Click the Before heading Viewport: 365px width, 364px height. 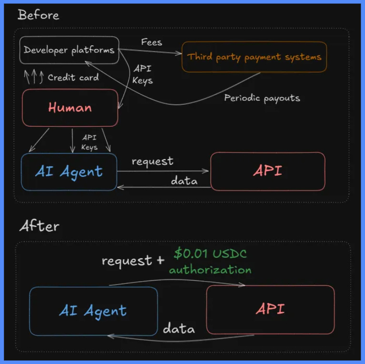pos(38,15)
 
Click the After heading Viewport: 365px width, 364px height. pos(39,226)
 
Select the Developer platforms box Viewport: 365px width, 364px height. pos(69,50)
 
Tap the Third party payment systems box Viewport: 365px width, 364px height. pos(254,57)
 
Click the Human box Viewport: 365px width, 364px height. pos(70,108)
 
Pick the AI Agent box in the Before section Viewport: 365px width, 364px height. pos(69,172)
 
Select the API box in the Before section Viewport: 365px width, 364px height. pos(268,171)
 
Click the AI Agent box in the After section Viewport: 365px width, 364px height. pos(93,311)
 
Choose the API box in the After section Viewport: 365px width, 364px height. pos(270,309)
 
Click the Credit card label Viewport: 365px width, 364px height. pos(73,77)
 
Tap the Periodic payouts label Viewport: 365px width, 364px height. pos(262,98)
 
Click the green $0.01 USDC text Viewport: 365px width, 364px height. pos(210,253)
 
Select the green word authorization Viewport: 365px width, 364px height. pos(210,270)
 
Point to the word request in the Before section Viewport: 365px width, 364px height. pos(152,162)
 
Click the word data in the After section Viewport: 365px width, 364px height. pos(179,328)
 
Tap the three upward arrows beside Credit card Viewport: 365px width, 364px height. pos(34,77)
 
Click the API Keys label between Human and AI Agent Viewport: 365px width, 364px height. pos(89,142)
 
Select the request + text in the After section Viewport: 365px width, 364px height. pos(133,261)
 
